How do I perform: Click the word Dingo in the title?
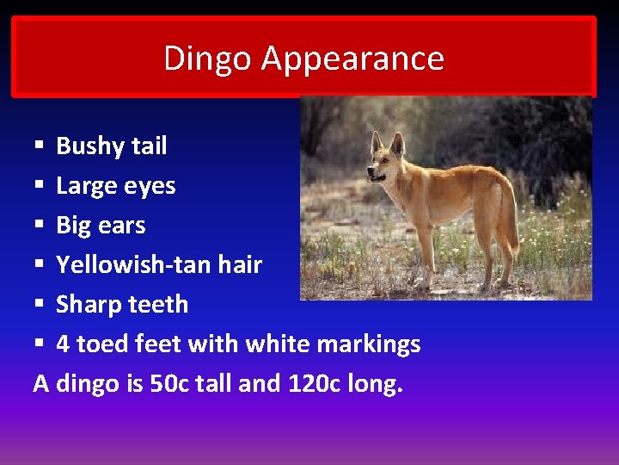tap(208, 59)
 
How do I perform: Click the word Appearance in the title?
tap(352, 59)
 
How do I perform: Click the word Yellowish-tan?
tap(130, 265)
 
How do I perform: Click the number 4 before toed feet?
tap(64, 344)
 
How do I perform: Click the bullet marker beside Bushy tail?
tap(40, 146)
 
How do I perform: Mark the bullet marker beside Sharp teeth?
tap(40, 305)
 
